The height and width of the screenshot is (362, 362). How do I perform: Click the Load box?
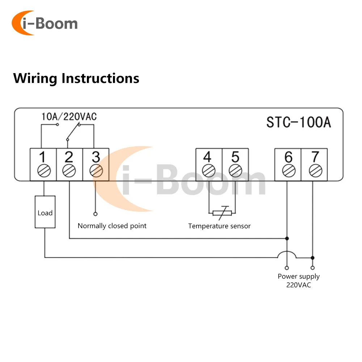pos(45,212)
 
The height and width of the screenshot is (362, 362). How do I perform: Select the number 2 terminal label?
pos(69,157)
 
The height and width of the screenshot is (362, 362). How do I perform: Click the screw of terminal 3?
pos(96,171)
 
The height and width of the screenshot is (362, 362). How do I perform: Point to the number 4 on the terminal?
pos(207,157)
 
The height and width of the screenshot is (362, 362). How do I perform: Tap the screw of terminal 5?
pos(235,171)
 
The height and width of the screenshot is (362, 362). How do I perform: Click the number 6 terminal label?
pos(288,157)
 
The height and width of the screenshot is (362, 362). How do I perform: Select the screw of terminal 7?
pos(315,171)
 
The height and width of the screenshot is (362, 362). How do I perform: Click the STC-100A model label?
pos(299,122)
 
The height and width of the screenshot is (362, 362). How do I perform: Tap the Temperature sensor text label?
pos(219,226)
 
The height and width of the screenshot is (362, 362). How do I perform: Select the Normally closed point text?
pos(112,226)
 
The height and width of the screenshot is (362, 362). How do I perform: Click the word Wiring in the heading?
pos(35,78)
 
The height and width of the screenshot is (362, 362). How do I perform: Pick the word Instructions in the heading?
pos(100,78)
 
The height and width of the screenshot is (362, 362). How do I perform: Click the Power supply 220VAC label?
pos(299,281)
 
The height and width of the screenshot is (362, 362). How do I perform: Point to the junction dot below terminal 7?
pos(313,258)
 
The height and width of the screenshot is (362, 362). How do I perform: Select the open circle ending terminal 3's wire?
pos(96,214)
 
